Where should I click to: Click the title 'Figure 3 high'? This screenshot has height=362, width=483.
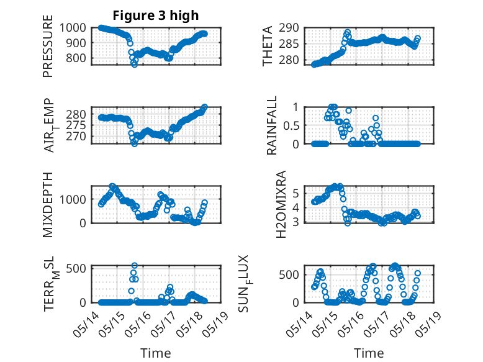[156, 16]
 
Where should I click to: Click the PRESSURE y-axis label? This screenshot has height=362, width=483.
[48, 46]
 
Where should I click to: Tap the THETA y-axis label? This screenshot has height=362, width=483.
[268, 46]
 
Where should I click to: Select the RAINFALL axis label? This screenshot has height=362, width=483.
[272, 125]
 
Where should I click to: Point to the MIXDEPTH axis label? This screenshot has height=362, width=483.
[48, 204]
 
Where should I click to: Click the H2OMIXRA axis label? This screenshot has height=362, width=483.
[281, 204]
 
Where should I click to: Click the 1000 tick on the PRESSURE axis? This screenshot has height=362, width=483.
[73, 28]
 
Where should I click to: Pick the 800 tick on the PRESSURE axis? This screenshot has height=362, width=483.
[76, 58]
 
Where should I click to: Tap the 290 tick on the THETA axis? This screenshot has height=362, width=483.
[289, 28]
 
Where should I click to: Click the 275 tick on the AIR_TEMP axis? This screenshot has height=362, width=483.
[76, 125]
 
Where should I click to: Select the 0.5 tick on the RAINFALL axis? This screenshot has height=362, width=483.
[291, 125]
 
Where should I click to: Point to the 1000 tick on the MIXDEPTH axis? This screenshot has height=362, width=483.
[73, 199]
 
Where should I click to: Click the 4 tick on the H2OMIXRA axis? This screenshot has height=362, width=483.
[296, 207]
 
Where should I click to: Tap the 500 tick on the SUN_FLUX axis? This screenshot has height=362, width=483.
[289, 274]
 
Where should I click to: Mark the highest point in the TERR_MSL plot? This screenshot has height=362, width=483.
[135, 265]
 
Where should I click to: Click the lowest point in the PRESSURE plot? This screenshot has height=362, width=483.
[135, 65]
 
